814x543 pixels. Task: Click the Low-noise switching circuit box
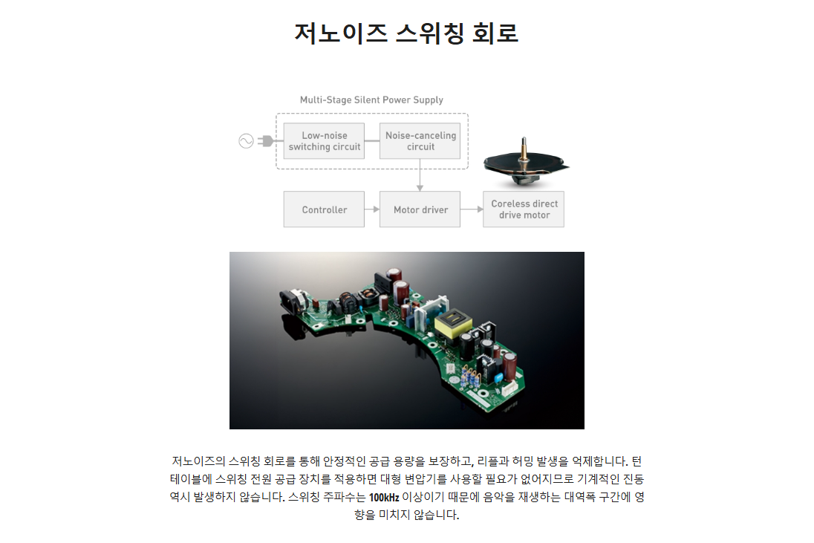pyautogui.click(x=324, y=140)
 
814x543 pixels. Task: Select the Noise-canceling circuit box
pyautogui.click(x=420, y=140)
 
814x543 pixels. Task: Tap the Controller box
pyautogui.click(x=324, y=209)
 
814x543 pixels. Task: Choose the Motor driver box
pyautogui.click(x=420, y=209)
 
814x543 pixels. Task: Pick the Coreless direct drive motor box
pyautogui.click(x=524, y=209)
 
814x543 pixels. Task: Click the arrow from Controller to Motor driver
pyautogui.click(x=371, y=209)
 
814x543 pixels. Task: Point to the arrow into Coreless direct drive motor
pyautogui.click(x=472, y=209)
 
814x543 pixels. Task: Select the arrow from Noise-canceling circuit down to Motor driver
pyautogui.click(x=420, y=175)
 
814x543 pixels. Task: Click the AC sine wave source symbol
pyautogui.click(x=246, y=140)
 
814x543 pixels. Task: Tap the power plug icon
pyautogui.click(x=266, y=140)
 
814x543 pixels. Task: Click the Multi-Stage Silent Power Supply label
pyautogui.click(x=371, y=100)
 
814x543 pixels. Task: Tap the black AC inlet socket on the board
pyautogui.click(x=293, y=302)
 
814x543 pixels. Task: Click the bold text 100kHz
pyautogui.click(x=384, y=498)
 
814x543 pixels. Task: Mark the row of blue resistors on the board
pyautogui.click(x=469, y=377)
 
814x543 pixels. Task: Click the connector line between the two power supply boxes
pyautogui.click(x=371, y=140)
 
